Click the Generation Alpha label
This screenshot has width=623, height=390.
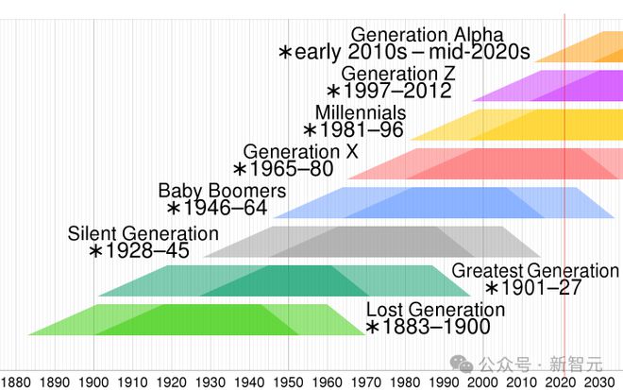coord(427,36)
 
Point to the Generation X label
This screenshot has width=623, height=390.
coord(301,152)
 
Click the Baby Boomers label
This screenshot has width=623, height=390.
coord(222,192)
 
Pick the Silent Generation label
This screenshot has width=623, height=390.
coord(143,233)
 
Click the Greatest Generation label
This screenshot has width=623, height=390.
coord(535,271)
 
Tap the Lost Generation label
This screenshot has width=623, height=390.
coord(435,310)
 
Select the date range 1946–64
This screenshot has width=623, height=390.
coord(217,209)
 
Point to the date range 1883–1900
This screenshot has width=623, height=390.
coord(428,328)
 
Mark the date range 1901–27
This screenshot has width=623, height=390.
coord(533,289)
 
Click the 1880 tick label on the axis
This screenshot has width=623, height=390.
coord(16,382)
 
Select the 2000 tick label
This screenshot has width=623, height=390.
coord(482,382)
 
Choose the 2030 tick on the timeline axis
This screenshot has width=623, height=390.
coord(598,382)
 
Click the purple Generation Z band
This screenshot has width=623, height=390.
coord(547,85)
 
